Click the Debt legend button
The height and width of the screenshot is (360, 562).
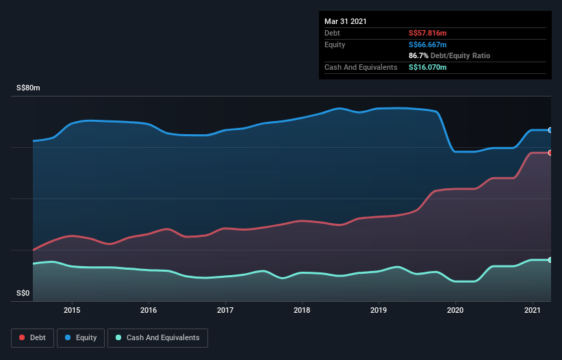point(31,337)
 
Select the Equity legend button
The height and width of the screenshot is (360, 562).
point(81,337)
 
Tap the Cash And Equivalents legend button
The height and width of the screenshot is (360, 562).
point(157,337)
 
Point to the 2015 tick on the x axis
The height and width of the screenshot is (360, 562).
point(72,310)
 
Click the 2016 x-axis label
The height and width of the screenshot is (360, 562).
point(149,310)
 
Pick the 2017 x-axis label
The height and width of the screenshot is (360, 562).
point(225,310)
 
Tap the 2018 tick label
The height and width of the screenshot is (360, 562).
point(302,310)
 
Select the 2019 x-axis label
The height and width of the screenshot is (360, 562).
point(379,310)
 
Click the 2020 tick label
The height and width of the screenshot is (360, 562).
point(455,310)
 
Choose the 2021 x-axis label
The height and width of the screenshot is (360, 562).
point(532,310)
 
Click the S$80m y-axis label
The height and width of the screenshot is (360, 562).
point(29,88)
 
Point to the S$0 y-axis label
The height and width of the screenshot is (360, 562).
point(23,294)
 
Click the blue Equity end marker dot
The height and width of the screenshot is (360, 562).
point(550,130)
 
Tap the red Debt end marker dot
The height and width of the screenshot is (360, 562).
point(550,153)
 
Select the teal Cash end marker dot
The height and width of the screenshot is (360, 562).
point(550,260)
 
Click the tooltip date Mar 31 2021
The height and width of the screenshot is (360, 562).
point(346,21)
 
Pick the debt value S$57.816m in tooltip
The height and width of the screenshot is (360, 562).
point(428,33)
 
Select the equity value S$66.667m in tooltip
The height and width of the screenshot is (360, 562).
point(428,44)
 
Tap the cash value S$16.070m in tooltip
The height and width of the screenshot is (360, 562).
point(428,67)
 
